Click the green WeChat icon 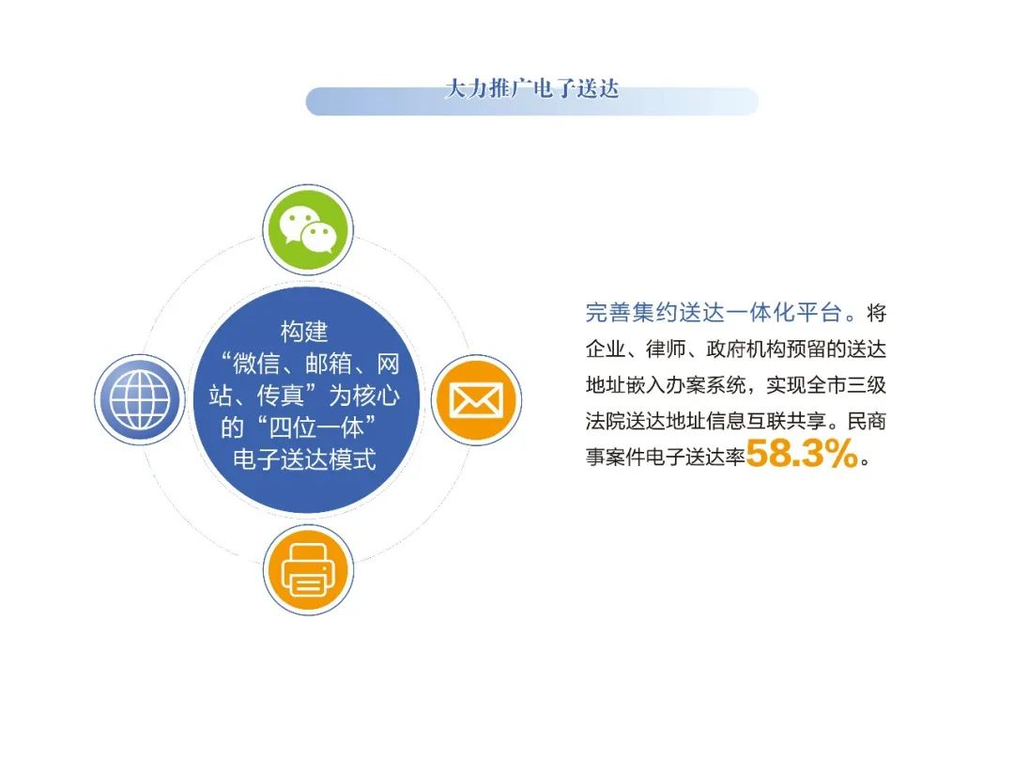pyautogui.click(x=308, y=230)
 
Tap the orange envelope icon pyautogui.click(x=477, y=400)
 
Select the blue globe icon pyautogui.click(x=140, y=400)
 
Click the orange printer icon pyautogui.click(x=309, y=570)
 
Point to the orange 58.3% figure pyautogui.click(x=802, y=453)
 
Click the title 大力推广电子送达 pyautogui.click(x=532, y=88)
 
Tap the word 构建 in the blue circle pyautogui.click(x=304, y=332)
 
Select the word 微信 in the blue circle pyautogui.click(x=256, y=364)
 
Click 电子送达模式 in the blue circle pyautogui.click(x=304, y=459)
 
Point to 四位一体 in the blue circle pyautogui.click(x=316, y=427)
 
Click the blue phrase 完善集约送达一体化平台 pyautogui.click(x=714, y=313)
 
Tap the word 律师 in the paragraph pyautogui.click(x=666, y=349)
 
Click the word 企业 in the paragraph pyautogui.click(x=606, y=349)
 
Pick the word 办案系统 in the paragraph pyautogui.click(x=705, y=385)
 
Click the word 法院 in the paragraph pyautogui.click(x=606, y=421)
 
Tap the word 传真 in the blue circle pyautogui.click(x=281, y=396)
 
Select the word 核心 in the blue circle pyautogui.click(x=376, y=396)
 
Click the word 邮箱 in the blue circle pyautogui.click(x=329, y=364)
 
